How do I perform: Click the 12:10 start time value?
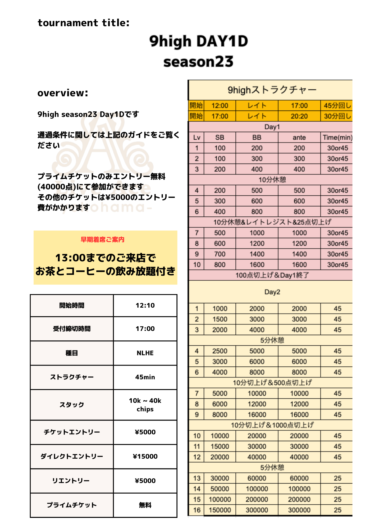[x=145, y=305]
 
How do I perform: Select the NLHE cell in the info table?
[x=145, y=353]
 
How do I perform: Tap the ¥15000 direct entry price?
[x=145, y=457]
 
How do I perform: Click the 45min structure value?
[x=145, y=377]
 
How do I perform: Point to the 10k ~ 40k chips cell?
[x=145, y=405]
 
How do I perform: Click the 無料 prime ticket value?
[x=145, y=505]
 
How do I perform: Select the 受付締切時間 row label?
[x=72, y=329]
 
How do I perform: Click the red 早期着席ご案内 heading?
[x=102, y=240]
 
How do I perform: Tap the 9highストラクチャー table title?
[x=272, y=90]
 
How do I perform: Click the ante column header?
[x=299, y=138]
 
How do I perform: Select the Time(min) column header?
[x=337, y=138]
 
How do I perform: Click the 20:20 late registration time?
[x=299, y=116]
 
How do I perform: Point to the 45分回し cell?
[x=337, y=106]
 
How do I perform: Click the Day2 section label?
[x=272, y=292]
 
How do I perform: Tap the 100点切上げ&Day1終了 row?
[x=272, y=275]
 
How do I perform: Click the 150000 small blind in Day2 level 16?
[x=220, y=510]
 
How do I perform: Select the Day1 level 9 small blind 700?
[x=220, y=254]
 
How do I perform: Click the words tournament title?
[x=84, y=23]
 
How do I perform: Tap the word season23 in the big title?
[x=198, y=62]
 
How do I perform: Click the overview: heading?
[x=63, y=93]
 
